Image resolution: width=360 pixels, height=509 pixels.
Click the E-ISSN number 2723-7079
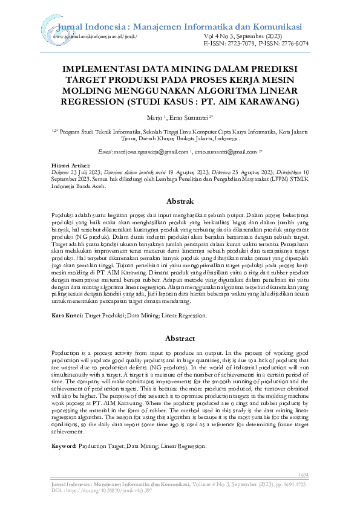click(x=238, y=44)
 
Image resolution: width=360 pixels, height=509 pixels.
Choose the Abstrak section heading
click(x=180, y=201)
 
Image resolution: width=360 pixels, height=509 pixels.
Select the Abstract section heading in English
click(x=180, y=339)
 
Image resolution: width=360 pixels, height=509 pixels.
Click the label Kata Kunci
click(x=67, y=316)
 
